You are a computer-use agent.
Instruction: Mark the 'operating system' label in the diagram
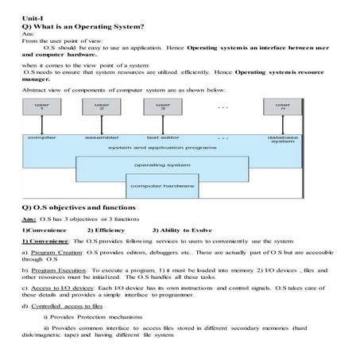pyautogui.click(x=161, y=165)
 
